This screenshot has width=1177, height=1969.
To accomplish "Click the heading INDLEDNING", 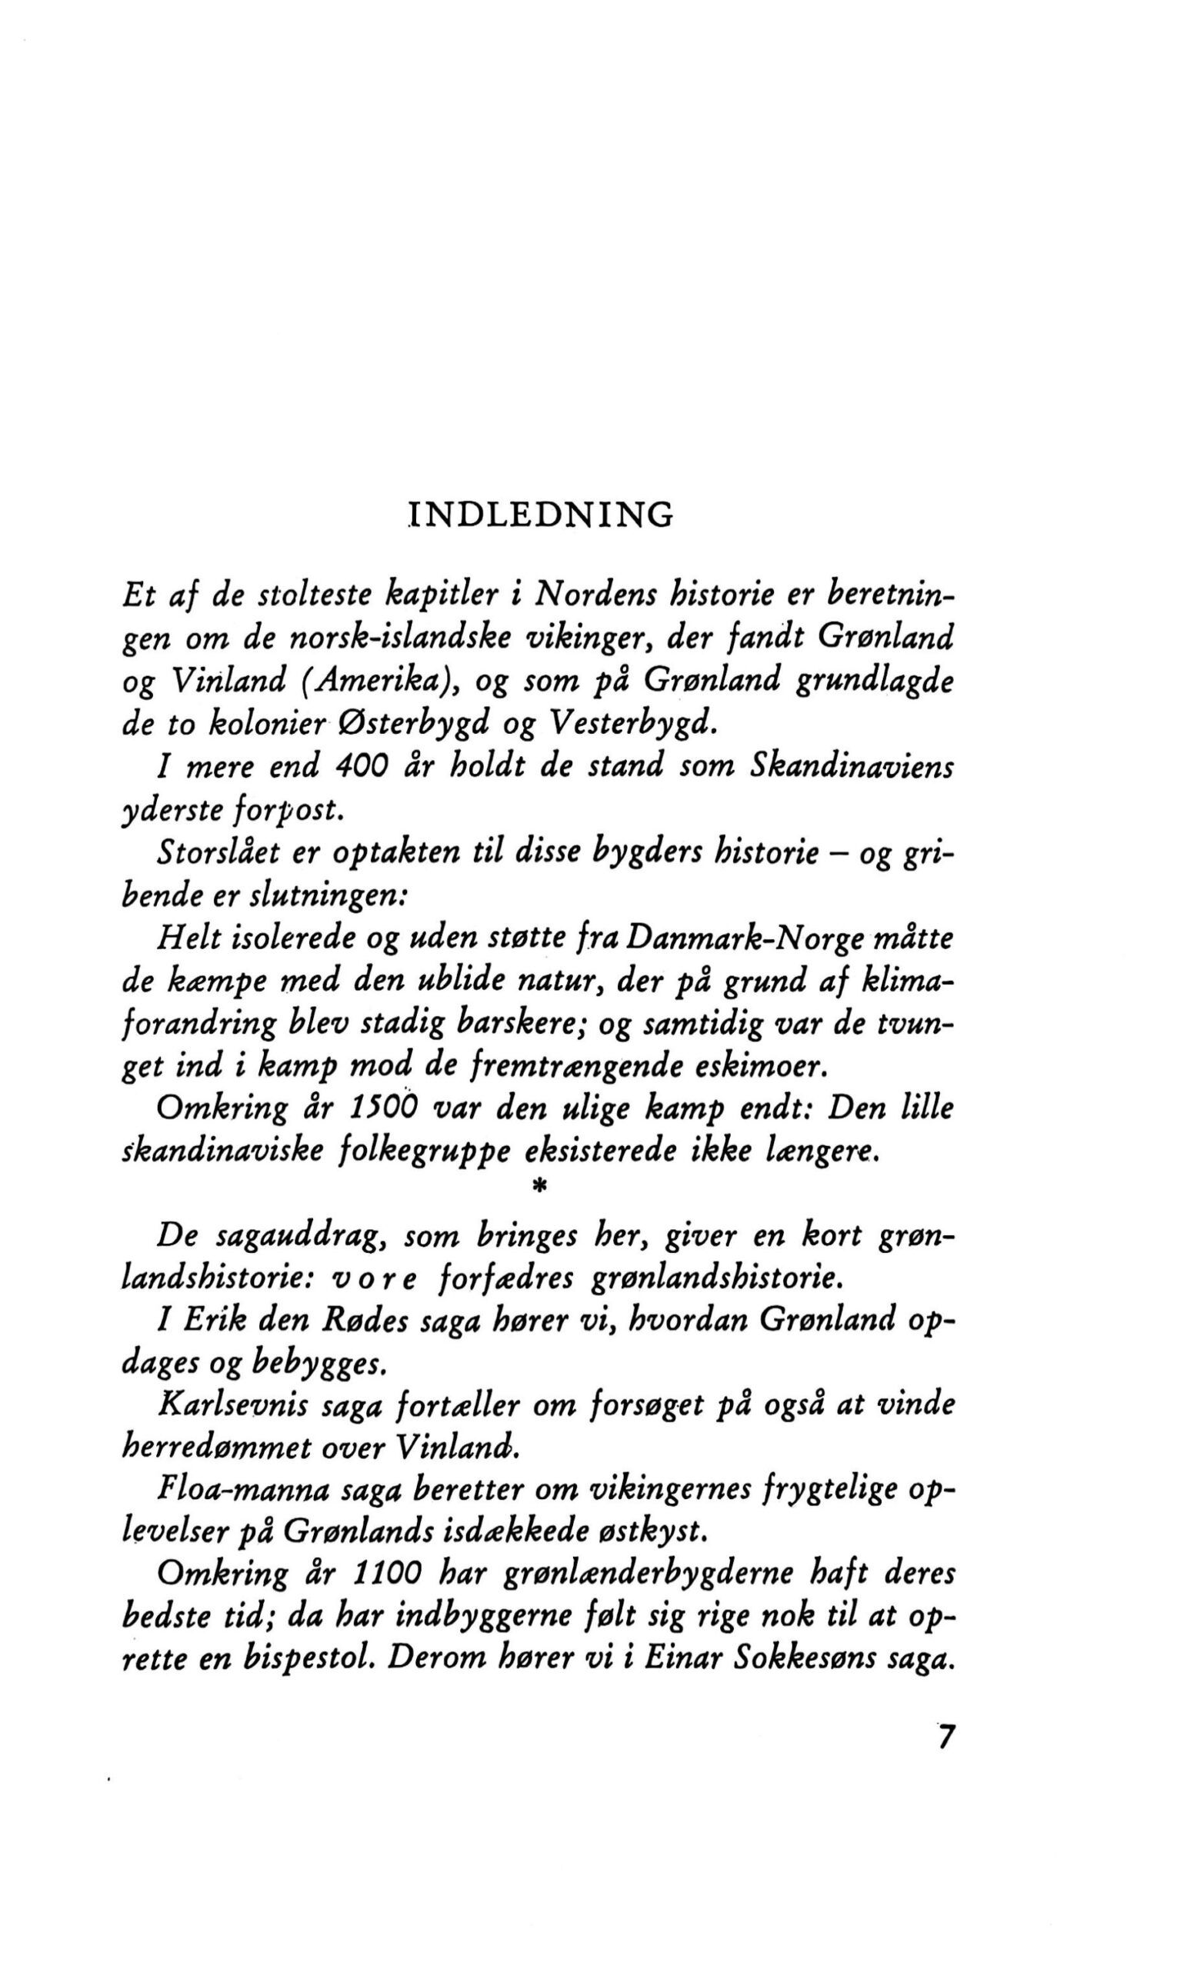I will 540,515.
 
